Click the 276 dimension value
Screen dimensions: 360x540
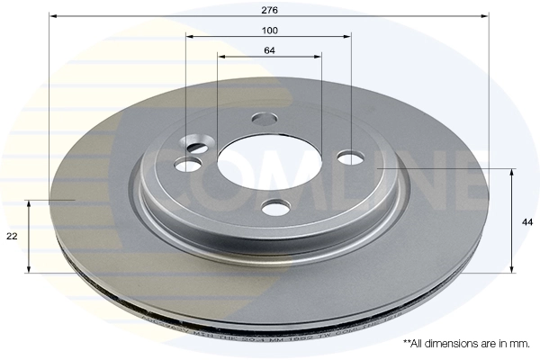[269, 9]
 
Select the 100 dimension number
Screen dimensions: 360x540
[269, 30]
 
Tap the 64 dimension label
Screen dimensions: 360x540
[269, 49]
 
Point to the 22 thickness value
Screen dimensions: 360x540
[12, 236]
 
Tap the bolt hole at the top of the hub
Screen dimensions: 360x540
[265, 118]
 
